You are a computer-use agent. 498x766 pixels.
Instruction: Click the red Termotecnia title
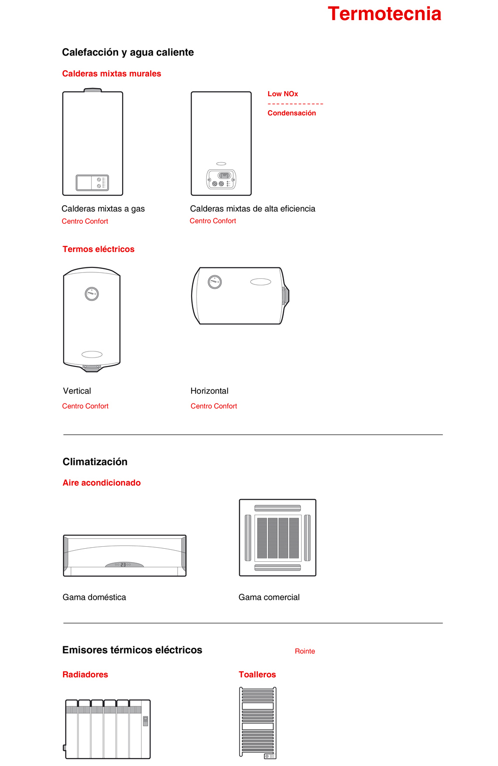tap(384, 14)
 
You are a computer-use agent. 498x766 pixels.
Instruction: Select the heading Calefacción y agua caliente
tap(128, 53)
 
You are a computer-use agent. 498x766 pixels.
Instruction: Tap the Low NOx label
tap(283, 94)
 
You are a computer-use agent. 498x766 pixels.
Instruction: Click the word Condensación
tap(292, 113)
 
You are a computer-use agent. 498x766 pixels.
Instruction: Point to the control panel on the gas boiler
tap(92, 183)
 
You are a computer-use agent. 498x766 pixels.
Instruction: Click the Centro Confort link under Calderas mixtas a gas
tap(85, 221)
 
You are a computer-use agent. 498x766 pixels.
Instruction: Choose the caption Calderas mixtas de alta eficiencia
tap(253, 209)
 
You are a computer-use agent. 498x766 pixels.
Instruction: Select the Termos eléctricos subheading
tap(99, 249)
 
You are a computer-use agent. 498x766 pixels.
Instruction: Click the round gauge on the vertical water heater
tap(92, 294)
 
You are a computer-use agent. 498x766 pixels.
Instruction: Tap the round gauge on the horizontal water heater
tap(215, 282)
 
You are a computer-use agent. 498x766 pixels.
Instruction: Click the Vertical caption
tap(77, 391)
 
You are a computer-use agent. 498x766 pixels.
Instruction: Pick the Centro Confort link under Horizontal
tap(214, 406)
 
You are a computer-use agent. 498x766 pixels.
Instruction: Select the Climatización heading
tap(95, 462)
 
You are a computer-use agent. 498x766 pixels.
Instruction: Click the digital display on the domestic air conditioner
tap(124, 565)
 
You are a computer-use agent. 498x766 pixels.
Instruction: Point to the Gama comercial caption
tap(269, 597)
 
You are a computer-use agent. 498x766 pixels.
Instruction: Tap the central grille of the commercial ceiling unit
tap(278, 538)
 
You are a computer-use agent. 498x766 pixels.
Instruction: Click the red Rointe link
tap(305, 651)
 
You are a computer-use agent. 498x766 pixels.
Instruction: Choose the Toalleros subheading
tap(257, 675)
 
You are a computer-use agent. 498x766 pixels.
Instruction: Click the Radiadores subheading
tap(85, 675)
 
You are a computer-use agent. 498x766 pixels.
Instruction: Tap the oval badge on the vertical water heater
tap(92, 354)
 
